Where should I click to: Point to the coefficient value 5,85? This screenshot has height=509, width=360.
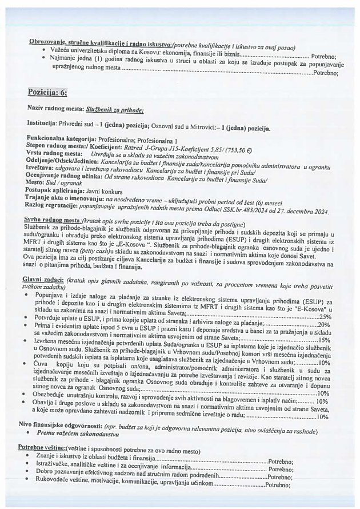205,146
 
